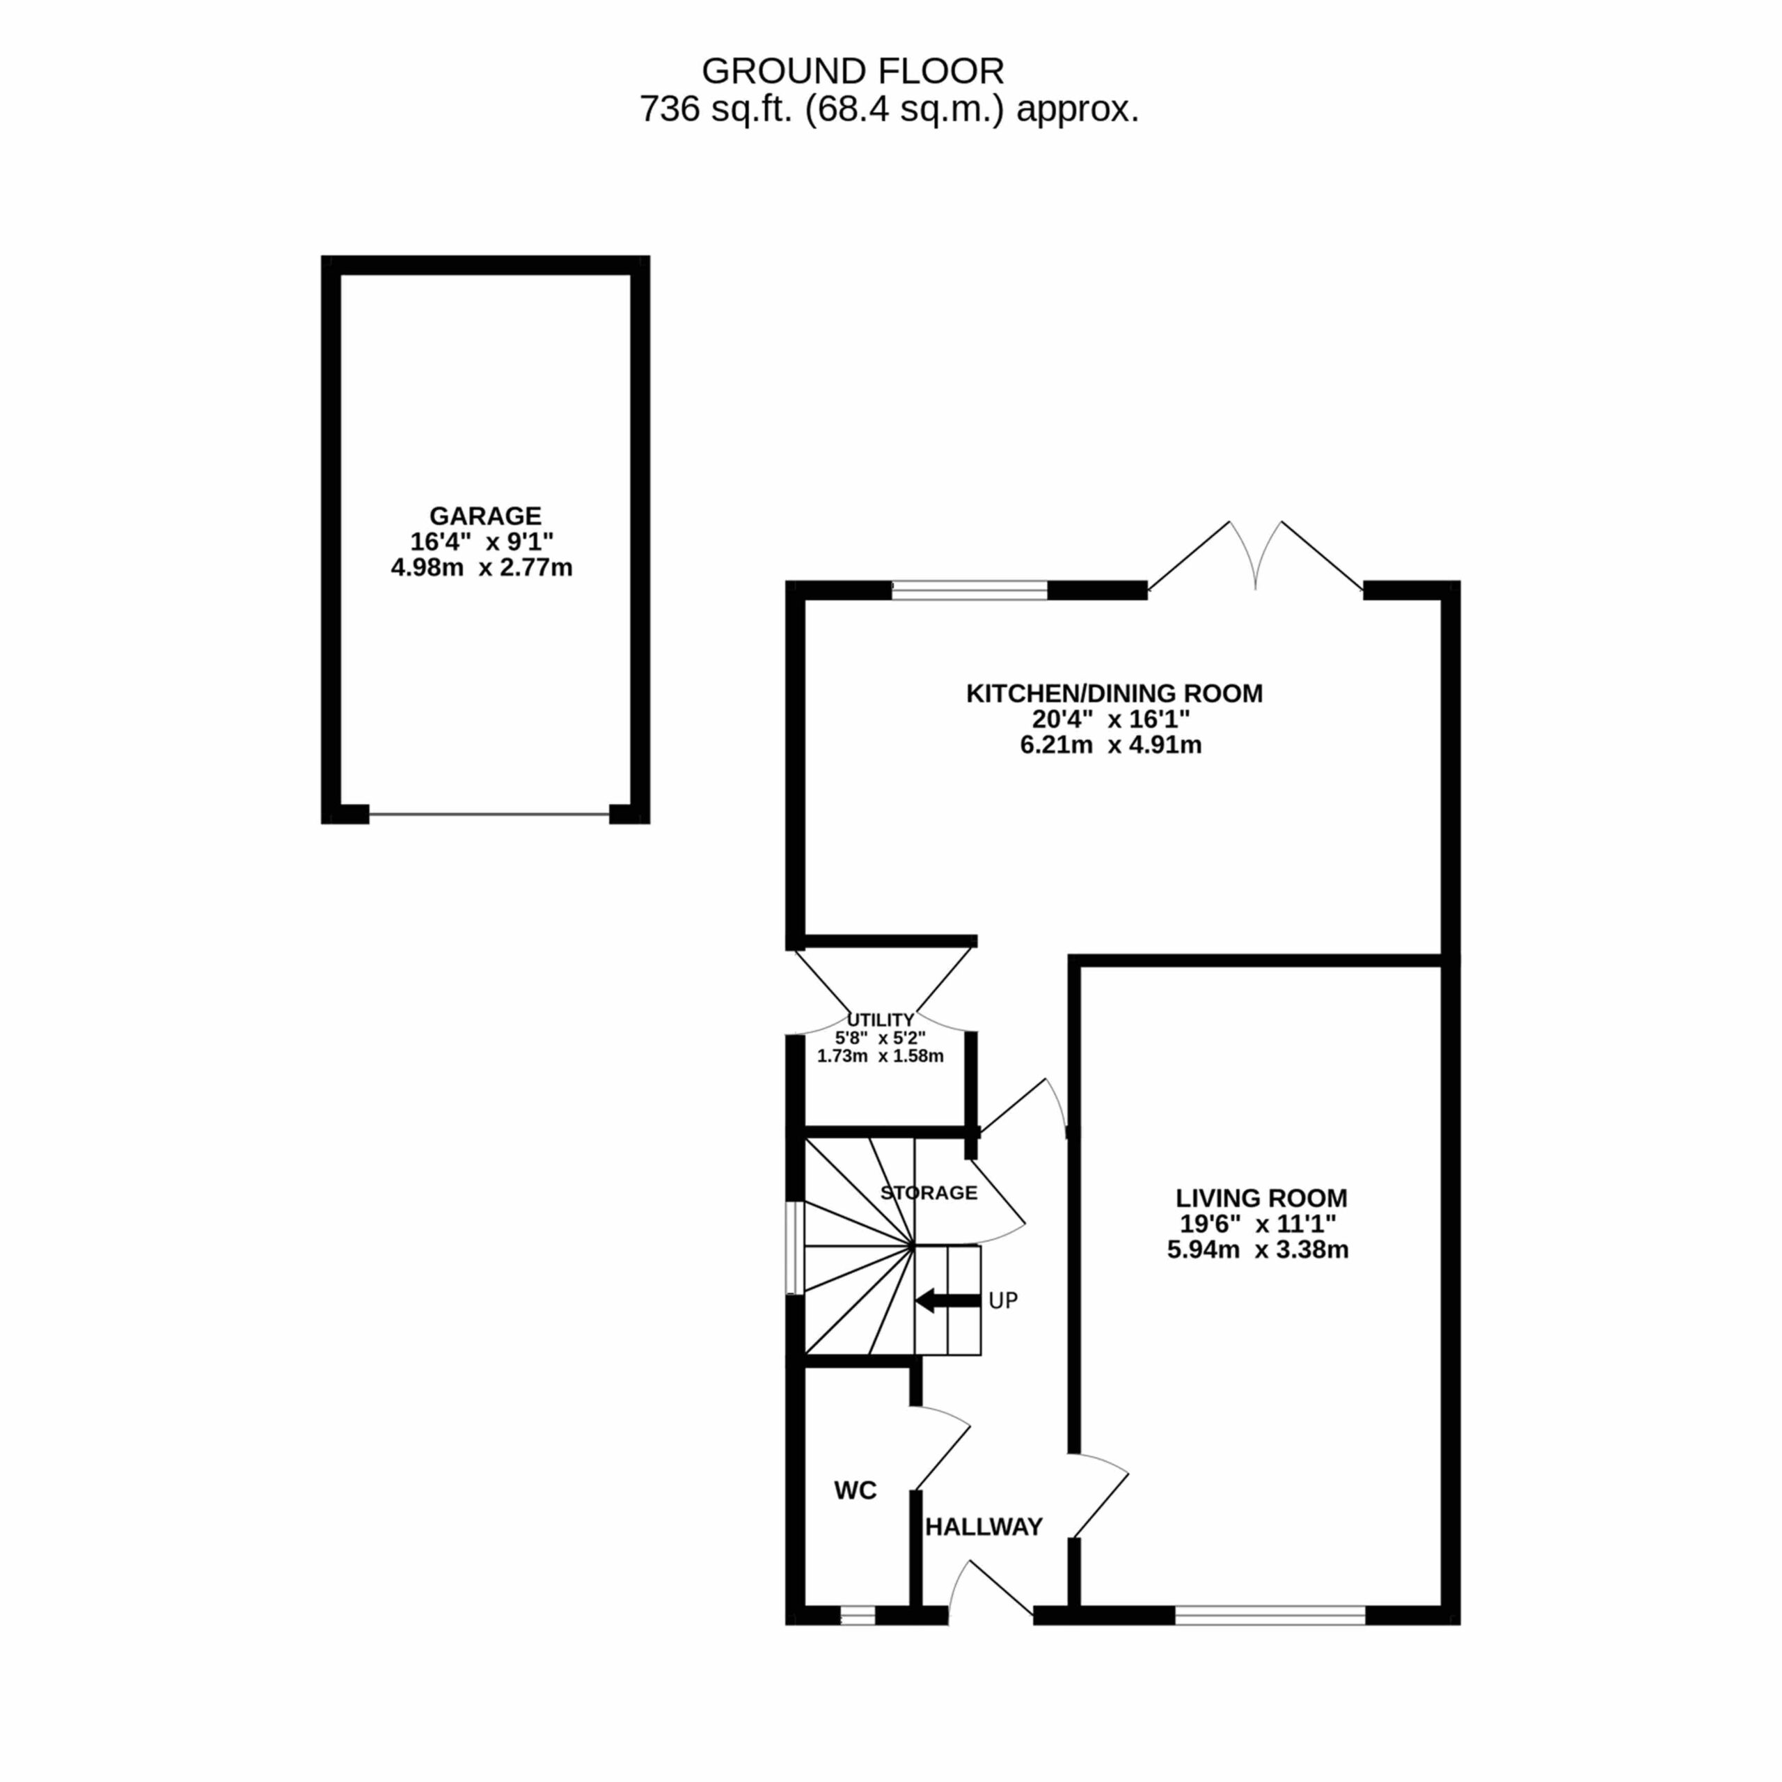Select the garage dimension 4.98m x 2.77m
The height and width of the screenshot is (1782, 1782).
(482, 567)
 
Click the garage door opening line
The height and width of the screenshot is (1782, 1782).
(489, 814)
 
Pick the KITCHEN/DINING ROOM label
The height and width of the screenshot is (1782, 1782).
(1114, 693)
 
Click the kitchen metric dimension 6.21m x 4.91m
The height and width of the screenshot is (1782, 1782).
(1110, 746)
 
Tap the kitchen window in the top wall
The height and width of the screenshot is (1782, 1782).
(970, 590)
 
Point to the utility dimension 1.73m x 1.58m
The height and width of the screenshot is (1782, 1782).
(880, 1056)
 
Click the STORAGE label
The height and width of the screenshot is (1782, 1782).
(929, 1192)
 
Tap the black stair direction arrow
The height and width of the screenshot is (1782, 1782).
(947, 1300)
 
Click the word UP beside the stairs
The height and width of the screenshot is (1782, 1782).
(1002, 1300)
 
